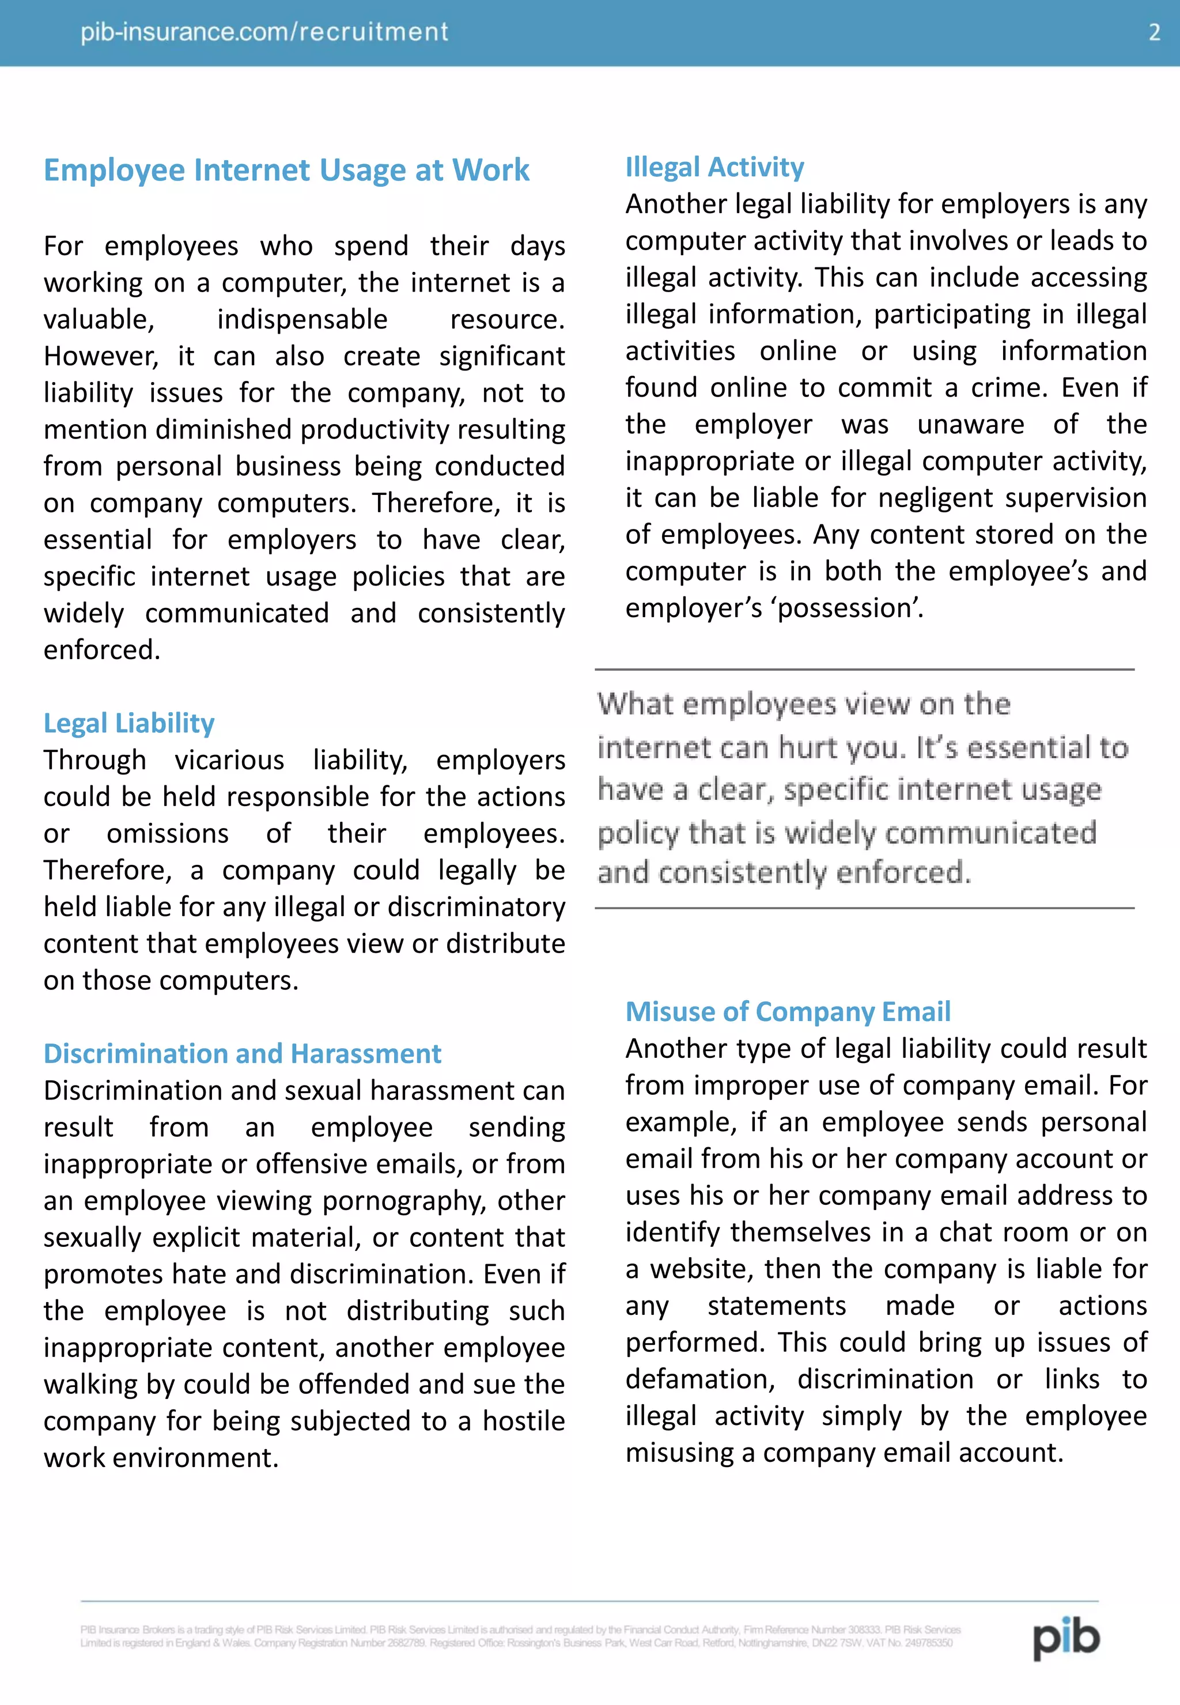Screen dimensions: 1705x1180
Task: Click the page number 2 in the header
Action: click(1154, 32)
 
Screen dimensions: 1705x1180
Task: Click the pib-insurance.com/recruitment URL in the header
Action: click(264, 32)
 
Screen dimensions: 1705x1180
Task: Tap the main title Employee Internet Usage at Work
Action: click(286, 170)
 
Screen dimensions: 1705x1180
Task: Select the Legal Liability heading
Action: click(128, 723)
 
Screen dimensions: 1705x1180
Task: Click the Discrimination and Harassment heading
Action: click(242, 1053)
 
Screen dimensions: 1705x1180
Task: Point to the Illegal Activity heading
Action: click(714, 167)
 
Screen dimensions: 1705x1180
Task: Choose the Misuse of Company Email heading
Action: click(788, 1011)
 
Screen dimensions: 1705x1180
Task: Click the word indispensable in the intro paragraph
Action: click(302, 319)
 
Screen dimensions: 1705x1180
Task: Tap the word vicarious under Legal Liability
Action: click(229, 760)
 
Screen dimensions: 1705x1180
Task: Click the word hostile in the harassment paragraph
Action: click(524, 1421)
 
